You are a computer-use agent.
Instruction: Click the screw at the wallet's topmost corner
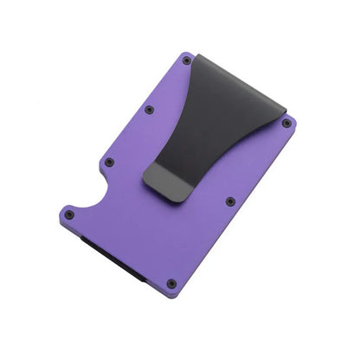[x=187, y=61]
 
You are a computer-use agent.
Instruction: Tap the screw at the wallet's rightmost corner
[x=286, y=123]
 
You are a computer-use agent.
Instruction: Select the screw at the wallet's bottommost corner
[x=171, y=283]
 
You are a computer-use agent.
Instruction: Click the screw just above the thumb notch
[x=109, y=162]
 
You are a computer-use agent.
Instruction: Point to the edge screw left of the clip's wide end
[x=149, y=110]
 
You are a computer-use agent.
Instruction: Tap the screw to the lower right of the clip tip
[x=230, y=202]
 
